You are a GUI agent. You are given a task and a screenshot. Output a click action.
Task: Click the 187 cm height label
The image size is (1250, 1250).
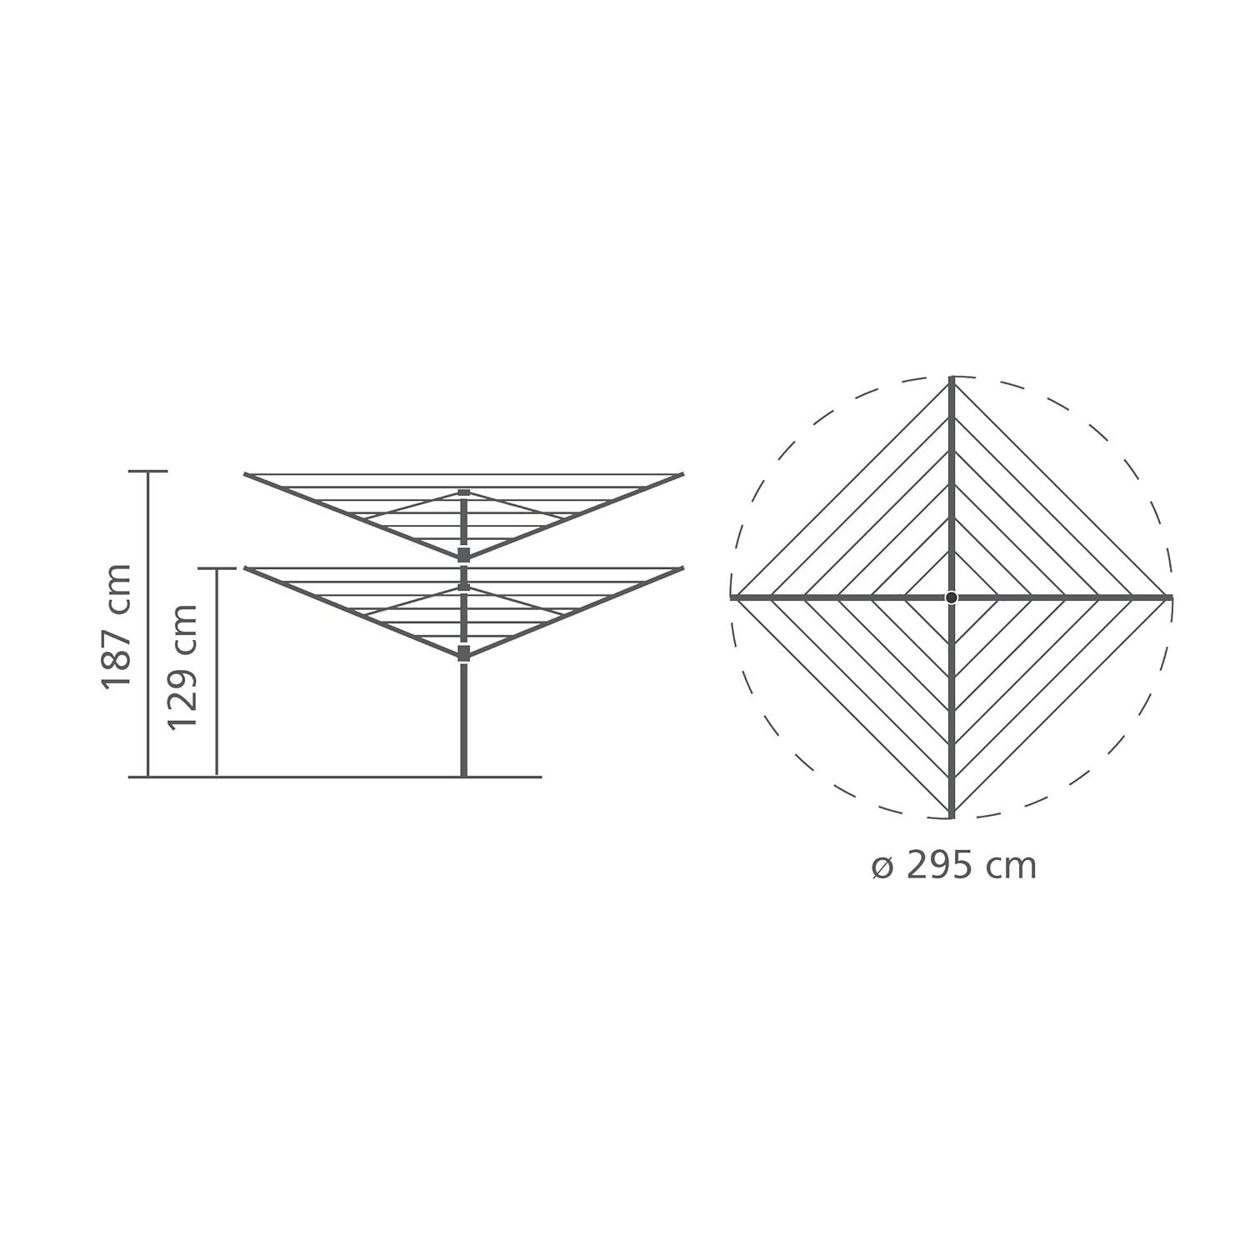(x=117, y=625)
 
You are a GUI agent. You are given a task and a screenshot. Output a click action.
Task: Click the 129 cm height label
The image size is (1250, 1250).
(x=183, y=667)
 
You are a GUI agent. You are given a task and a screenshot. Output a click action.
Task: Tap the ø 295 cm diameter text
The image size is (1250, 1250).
(x=954, y=867)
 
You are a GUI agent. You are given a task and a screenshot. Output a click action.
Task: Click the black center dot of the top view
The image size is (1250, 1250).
(x=952, y=597)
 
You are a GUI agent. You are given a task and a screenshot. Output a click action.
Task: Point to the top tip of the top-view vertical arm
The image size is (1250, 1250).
(x=952, y=381)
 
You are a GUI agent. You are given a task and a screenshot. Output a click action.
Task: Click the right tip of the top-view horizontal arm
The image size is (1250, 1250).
(x=1170, y=597)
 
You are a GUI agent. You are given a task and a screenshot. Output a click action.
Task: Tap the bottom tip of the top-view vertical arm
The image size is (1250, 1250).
(x=952, y=814)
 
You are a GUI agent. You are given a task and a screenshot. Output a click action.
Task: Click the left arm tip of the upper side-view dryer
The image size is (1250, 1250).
(x=247, y=475)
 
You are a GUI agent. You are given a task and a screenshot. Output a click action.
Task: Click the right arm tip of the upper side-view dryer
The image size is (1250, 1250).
(x=682, y=475)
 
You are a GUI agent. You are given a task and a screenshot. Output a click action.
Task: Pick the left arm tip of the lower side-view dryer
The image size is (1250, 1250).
(x=247, y=569)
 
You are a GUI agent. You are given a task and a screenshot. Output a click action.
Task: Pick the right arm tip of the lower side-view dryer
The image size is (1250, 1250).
(x=682, y=569)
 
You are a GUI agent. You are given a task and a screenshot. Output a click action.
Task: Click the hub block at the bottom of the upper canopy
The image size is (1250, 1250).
(x=464, y=555)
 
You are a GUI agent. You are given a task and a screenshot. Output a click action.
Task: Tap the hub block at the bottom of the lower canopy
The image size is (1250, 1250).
(x=464, y=653)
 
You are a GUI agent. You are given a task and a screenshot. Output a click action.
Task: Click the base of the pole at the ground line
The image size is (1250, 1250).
(x=464, y=775)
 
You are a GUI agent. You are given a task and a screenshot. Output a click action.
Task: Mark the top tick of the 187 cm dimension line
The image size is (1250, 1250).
(x=148, y=471)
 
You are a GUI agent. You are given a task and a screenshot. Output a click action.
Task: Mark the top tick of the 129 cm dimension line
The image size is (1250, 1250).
(x=217, y=569)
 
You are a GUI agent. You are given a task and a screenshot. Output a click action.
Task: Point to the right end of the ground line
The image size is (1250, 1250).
(x=541, y=777)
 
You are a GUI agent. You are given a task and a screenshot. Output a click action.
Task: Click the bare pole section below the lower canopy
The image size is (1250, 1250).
(x=464, y=717)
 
